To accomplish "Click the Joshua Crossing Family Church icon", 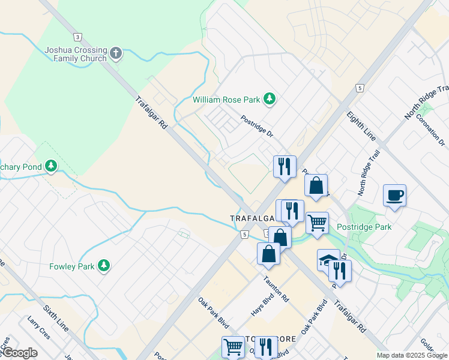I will point(116,54).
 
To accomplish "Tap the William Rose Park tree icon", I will point(270,98).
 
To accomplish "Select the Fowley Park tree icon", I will point(104,265).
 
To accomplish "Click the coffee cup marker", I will point(395,195).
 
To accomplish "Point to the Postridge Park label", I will point(364,227).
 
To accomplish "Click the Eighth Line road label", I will point(366,127).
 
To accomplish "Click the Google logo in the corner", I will point(19,353).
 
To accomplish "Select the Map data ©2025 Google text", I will point(411,355).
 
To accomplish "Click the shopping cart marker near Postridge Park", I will point(317,223).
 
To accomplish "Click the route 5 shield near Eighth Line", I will point(360,88).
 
